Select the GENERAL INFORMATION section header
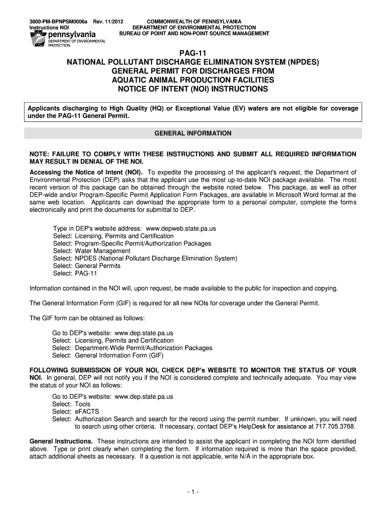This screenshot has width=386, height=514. [193, 134]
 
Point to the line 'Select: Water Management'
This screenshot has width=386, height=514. [85, 251]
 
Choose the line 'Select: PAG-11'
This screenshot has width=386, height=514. [75, 274]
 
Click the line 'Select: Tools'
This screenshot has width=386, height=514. [71, 404]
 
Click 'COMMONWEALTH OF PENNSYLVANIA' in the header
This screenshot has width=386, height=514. [194, 21]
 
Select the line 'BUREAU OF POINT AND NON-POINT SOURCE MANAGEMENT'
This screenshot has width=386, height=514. [194, 34]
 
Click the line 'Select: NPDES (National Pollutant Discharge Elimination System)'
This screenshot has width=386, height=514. [145, 259]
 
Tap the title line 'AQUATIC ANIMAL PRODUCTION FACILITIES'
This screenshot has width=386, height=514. [193, 80]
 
